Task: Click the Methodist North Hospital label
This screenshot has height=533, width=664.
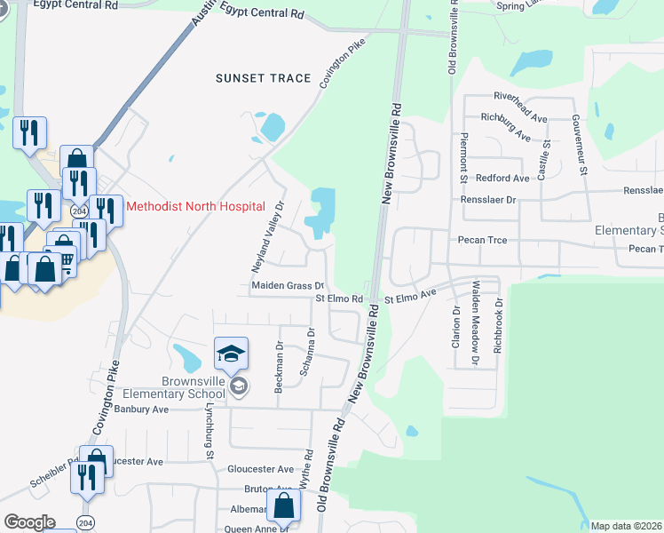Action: tap(195, 206)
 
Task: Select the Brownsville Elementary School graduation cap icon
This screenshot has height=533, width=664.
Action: tap(231, 355)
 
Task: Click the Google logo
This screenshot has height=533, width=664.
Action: tap(29, 522)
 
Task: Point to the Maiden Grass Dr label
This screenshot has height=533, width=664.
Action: tap(285, 286)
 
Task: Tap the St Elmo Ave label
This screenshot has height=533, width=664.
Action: tap(410, 293)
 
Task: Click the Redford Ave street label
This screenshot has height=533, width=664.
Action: tap(502, 178)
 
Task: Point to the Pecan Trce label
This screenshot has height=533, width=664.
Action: tap(482, 240)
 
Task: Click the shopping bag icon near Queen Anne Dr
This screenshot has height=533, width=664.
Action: tap(283, 507)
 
